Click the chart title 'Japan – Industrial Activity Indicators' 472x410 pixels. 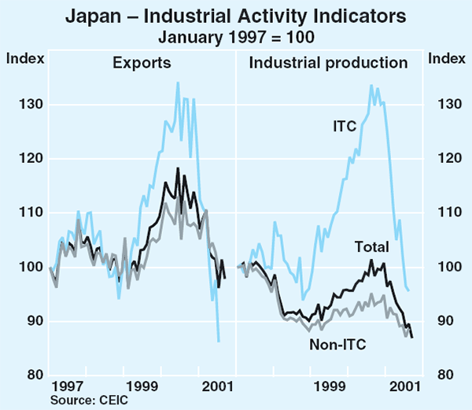[x=237, y=15]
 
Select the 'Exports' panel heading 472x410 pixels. [x=142, y=62]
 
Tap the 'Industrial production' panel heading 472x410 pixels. [x=329, y=62]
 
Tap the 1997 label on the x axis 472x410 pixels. [x=68, y=387]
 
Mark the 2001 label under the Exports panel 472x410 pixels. [x=218, y=387]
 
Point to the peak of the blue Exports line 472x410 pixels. [x=177, y=82]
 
